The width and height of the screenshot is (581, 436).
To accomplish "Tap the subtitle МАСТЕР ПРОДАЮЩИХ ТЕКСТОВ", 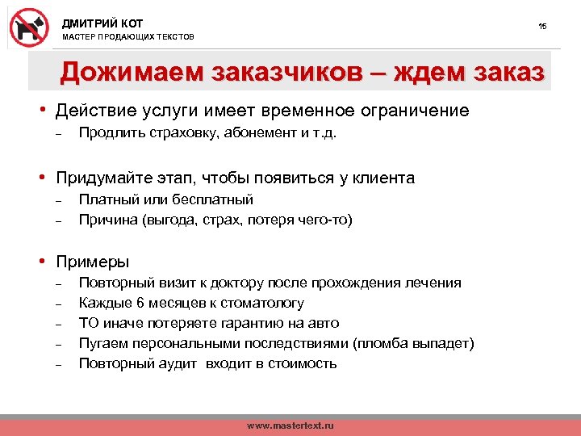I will tap(128, 38).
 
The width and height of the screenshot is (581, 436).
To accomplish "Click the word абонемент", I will tap(261, 133).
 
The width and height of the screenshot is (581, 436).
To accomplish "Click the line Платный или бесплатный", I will tap(165, 199).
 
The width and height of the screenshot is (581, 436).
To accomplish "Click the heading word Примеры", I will tap(92, 262).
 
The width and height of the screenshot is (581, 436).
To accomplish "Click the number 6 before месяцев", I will tap(140, 303).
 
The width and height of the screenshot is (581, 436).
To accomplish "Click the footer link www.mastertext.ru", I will tap(290, 425).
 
